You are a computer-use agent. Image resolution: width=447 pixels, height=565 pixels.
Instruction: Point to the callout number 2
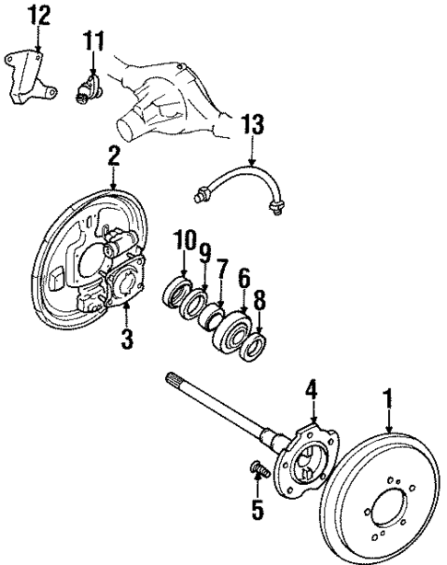coord(113,156)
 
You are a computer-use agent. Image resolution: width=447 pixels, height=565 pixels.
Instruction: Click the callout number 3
coord(126,339)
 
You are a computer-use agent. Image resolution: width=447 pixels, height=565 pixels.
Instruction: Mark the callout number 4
coord(312,391)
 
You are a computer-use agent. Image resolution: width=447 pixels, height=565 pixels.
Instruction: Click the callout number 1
coord(389,398)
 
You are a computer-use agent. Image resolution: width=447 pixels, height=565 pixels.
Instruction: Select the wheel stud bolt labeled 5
coord(259,473)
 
